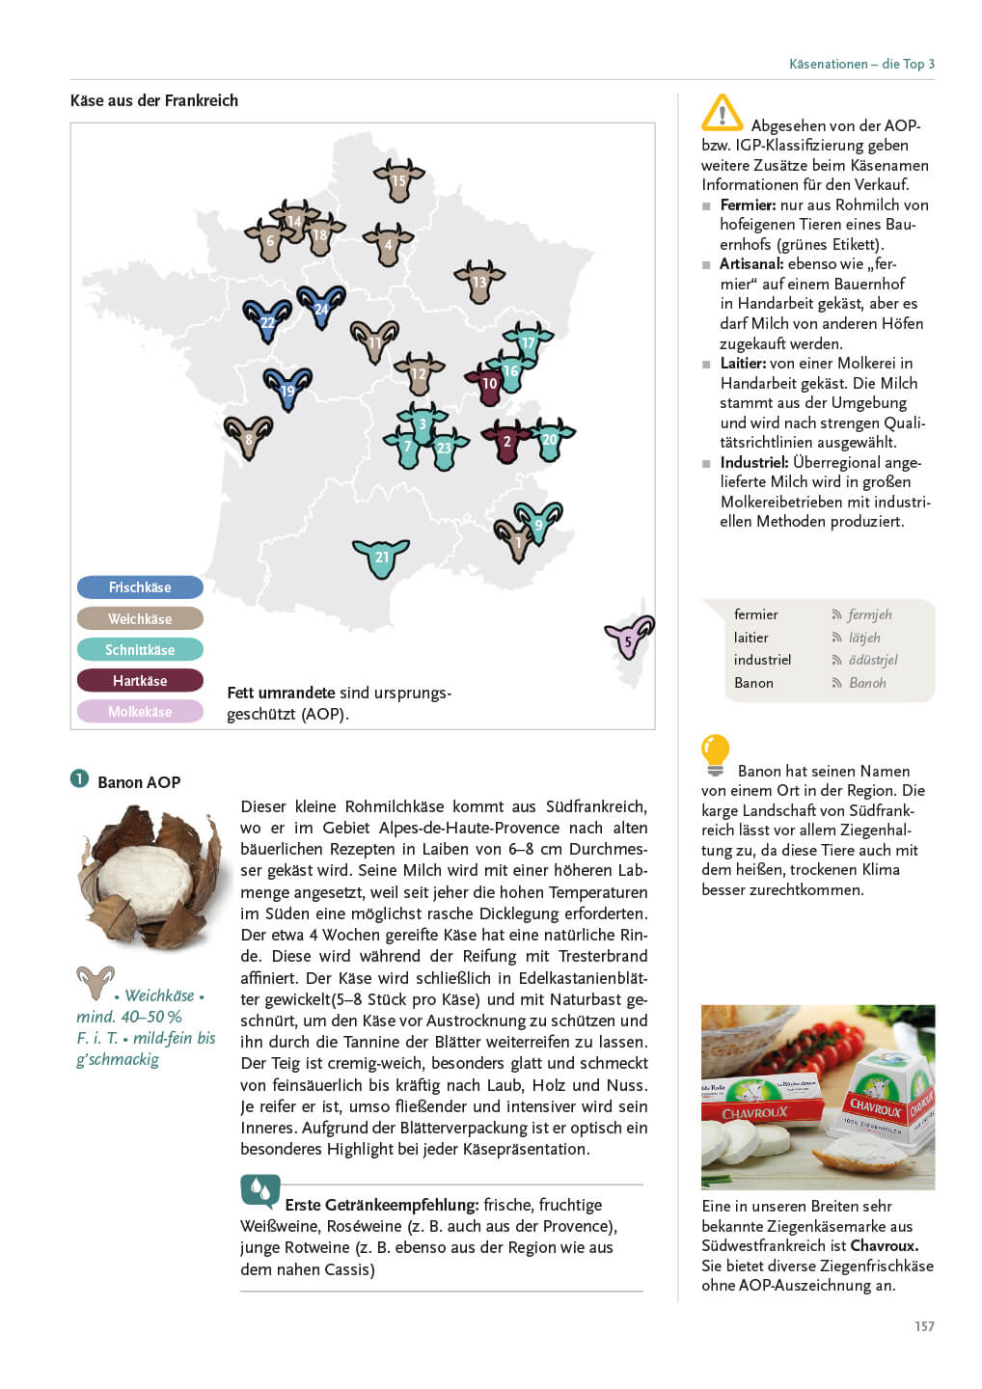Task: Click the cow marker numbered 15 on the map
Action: tap(398, 179)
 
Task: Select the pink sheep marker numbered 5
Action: tap(629, 638)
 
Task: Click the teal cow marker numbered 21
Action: tap(381, 558)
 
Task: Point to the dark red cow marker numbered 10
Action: tap(488, 383)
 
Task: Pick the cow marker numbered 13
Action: tap(479, 282)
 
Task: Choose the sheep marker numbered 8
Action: tap(248, 438)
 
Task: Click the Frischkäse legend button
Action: tap(140, 587)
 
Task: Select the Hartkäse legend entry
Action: tap(140, 681)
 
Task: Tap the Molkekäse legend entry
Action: tap(140, 712)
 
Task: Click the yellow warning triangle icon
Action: tap(722, 113)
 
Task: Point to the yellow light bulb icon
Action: tap(715, 753)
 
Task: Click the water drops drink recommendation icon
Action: tap(260, 1191)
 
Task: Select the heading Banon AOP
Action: tap(139, 782)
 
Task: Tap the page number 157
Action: tap(924, 1326)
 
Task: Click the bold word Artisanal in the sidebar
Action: tap(750, 264)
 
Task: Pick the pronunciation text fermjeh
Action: tap(869, 615)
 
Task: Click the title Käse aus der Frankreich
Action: tap(154, 100)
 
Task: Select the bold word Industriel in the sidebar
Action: tap(753, 463)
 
